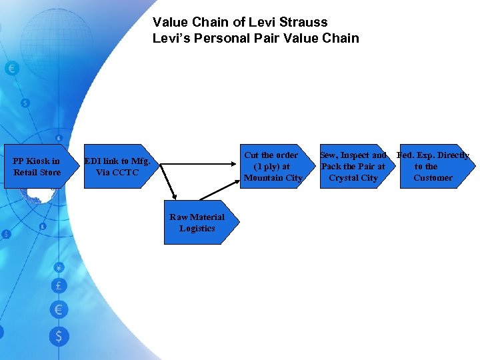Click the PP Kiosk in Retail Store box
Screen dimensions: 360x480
[37, 167]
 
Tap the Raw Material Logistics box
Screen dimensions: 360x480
[197, 223]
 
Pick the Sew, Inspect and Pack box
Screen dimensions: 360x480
[353, 167]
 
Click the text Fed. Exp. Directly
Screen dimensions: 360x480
[433, 155]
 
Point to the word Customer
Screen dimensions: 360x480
[433, 178]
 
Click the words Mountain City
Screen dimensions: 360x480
[273, 178]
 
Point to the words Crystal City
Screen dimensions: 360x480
[353, 178]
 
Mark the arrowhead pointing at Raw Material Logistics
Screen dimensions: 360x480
[174, 196]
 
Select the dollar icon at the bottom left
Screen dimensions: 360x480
[58, 336]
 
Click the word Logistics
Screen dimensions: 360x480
[197, 229]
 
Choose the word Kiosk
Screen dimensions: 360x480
[39, 161]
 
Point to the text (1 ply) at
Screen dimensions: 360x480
[272, 167]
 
